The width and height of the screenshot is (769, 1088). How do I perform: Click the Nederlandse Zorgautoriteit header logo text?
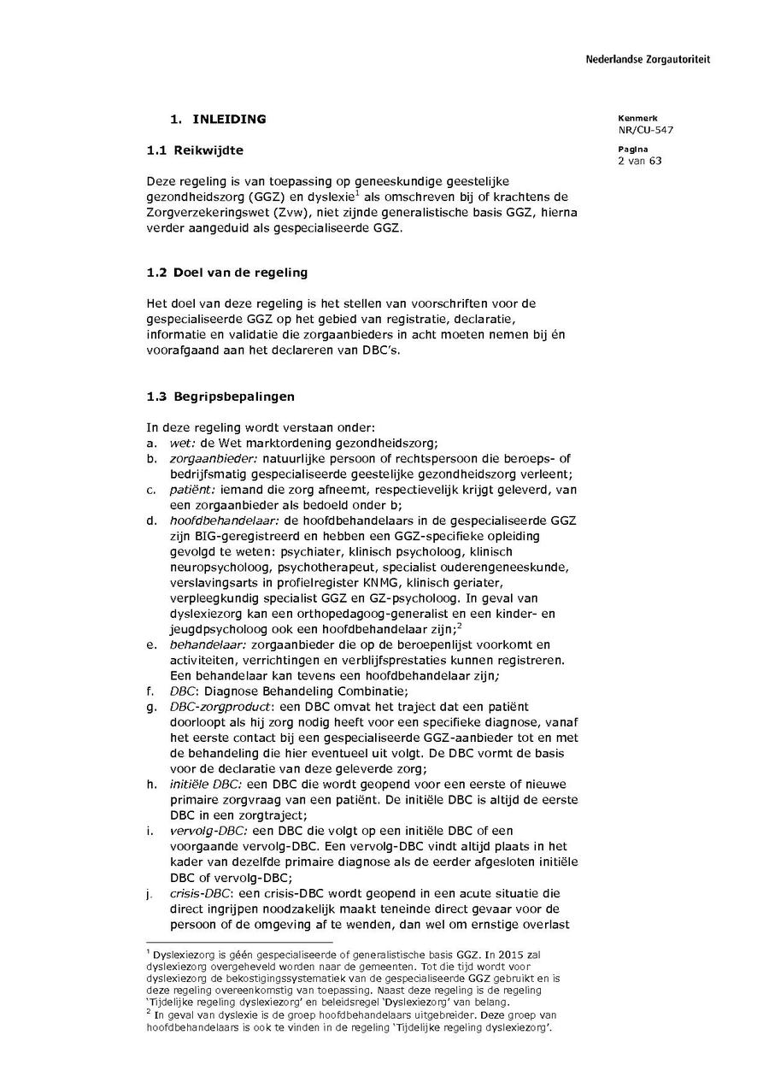tap(647, 60)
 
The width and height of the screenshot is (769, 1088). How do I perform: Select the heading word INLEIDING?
tap(229, 119)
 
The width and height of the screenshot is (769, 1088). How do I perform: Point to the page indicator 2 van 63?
tap(639, 161)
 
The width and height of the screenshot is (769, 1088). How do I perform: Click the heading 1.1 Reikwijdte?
tap(195, 150)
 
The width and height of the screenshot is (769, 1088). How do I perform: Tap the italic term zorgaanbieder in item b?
tap(208, 459)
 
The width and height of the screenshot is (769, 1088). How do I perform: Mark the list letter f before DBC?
tap(150, 691)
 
